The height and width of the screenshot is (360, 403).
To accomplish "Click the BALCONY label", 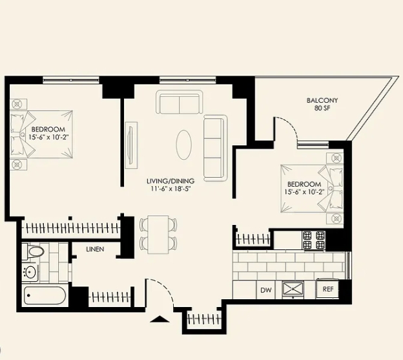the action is (322, 100).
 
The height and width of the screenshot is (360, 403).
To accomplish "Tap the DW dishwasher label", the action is (266, 290).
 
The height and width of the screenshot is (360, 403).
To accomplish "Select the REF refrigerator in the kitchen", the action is (327, 288).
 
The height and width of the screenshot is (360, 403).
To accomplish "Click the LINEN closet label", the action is (95, 249).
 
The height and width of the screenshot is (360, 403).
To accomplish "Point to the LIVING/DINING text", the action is (170, 181).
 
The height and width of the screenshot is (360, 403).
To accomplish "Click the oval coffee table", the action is (184, 145).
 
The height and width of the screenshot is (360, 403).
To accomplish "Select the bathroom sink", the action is (30, 272).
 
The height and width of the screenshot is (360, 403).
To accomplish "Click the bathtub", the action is (45, 296).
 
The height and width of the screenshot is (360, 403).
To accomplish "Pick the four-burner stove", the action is (314, 240).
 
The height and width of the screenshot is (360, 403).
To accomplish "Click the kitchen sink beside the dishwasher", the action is (293, 290).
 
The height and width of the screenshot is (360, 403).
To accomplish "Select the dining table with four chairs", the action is (158, 235).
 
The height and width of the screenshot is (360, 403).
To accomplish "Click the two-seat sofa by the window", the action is (179, 102).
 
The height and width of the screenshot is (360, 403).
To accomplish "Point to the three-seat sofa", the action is (215, 148).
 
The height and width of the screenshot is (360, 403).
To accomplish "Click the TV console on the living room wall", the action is (131, 145).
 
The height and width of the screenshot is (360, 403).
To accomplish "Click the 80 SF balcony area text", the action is (322, 108).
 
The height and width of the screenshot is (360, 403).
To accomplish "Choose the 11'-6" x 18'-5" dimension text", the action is (170, 189).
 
